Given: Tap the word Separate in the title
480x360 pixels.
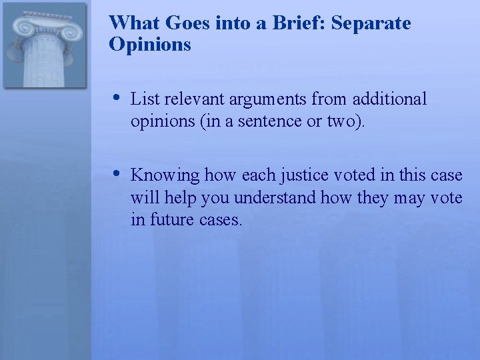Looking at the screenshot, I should tap(371, 23).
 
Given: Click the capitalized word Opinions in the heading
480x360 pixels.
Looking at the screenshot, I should tap(150, 45).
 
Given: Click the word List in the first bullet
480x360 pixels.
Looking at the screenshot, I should tap(145, 99).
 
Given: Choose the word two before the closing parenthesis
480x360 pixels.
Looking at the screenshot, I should tap(346, 122).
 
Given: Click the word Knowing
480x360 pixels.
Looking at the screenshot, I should tap(165, 176).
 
